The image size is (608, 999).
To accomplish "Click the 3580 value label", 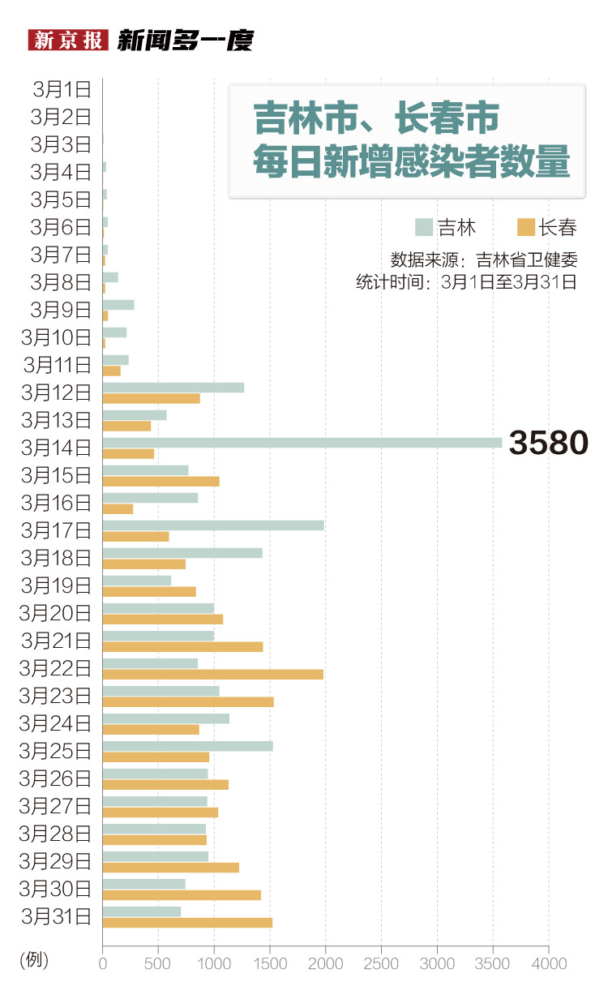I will point(547,444).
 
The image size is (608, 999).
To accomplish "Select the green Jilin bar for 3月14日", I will point(302,443).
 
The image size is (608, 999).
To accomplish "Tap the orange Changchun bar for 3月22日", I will point(212,675).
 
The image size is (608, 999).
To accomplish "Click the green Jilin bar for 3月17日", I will point(212,525).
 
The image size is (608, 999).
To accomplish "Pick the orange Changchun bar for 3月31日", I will point(187,923).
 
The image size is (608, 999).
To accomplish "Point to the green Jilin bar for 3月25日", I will point(187,746).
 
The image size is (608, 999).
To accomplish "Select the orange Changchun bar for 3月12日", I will point(151,399).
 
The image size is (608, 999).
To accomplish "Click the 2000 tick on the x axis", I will point(325,963).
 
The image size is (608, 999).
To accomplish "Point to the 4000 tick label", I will point(549,963).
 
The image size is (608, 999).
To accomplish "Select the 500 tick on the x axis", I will point(158,963).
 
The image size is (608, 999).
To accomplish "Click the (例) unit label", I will point(34,961).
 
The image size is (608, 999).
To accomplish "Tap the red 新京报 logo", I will point(68,40).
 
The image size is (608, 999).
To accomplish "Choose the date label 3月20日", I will point(56,614).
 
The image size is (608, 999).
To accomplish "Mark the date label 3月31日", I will point(56,917).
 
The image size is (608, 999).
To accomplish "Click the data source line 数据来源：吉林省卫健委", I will point(484,260).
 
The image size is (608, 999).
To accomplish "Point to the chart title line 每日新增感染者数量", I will point(411,161).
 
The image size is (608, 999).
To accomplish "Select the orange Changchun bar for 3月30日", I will point(182,895).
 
